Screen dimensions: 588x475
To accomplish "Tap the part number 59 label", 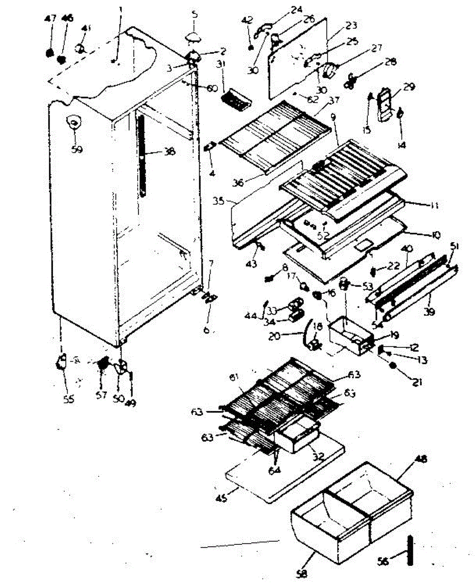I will pos(76,149).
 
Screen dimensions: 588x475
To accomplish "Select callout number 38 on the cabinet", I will pos(169,152).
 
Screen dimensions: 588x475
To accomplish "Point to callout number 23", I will pos(351,25).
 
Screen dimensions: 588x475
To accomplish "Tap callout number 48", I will pos(421,460).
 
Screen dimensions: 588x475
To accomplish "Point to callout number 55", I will pos(69,399).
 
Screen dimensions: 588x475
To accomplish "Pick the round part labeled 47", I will pos(49,52).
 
